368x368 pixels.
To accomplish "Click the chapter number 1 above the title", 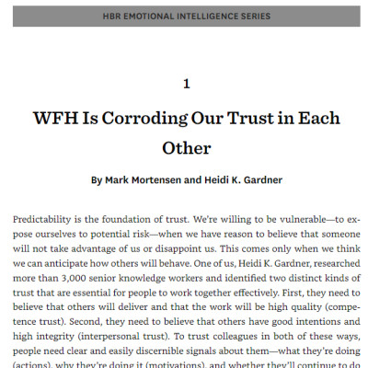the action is [x=186, y=84].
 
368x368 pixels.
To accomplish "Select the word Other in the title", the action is [x=186, y=146].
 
